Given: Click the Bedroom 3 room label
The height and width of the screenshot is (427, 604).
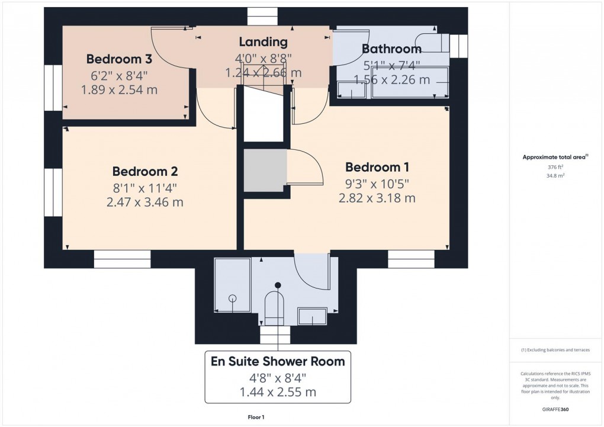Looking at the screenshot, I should tap(120, 59).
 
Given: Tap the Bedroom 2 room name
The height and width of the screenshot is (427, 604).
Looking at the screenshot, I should tap(145, 172).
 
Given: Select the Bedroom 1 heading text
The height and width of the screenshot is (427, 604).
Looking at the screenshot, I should tap(377, 168).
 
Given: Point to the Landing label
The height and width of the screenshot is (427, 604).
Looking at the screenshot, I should tap(263, 42).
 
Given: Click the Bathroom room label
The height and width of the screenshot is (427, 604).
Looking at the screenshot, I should tap(391, 49).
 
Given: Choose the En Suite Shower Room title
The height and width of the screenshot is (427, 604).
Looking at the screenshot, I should tap(278, 361).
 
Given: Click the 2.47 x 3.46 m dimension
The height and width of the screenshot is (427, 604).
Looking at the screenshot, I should tap(145, 202).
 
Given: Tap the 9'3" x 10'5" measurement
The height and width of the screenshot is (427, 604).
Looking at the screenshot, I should tap(377, 184).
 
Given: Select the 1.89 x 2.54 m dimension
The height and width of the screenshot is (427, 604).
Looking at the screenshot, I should tap(120, 89).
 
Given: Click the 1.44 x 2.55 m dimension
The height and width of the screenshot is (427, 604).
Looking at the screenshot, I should tap(278, 391).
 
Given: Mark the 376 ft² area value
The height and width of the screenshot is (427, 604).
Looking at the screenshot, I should tap(555, 168).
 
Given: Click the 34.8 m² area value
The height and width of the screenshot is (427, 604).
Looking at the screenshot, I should tap(555, 176).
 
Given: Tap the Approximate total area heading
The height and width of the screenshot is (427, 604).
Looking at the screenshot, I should tap(555, 157).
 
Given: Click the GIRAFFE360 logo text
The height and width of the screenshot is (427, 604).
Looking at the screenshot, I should tap(556, 409).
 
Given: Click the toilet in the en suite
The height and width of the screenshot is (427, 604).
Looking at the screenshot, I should tap(274, 306).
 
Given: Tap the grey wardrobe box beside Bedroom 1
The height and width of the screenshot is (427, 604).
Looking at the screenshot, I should tap(265, 171).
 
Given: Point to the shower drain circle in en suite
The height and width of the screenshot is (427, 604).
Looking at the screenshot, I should tap(233, 298).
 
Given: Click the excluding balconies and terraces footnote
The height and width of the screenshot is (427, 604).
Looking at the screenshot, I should tap(555, 350).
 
